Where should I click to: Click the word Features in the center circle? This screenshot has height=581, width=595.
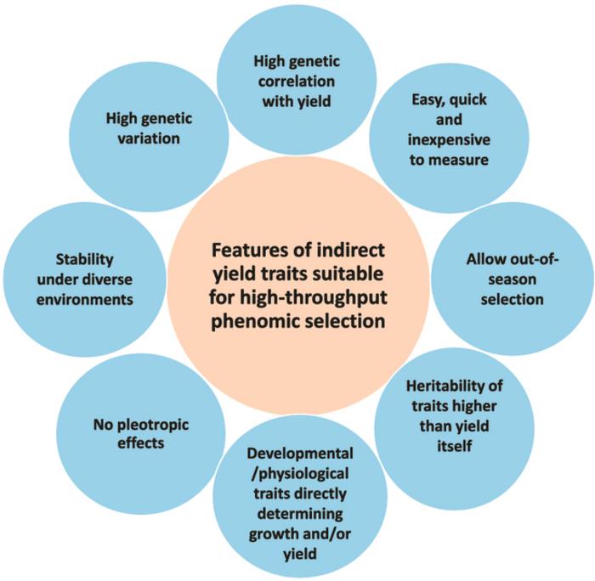[246, 251]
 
